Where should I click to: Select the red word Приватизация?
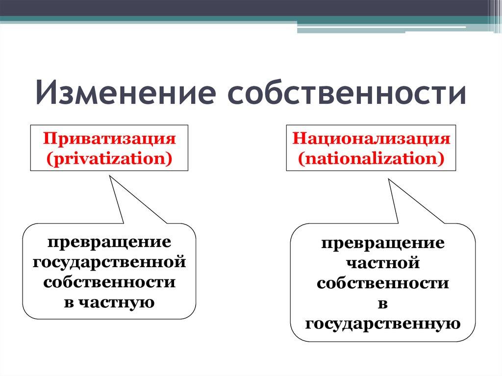(109, 138)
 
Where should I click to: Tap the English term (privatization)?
(109, 158)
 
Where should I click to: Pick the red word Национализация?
(371, 138)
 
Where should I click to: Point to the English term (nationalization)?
(371, 158)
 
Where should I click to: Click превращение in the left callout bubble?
(109, 242)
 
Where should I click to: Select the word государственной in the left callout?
(109, 262)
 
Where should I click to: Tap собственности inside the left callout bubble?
(109, 282)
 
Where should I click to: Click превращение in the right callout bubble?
(383, 243)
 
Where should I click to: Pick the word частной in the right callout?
(383, 263)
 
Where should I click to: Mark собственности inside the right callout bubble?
(383, 283)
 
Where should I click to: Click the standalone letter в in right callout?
(383, 303)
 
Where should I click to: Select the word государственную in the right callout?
(383, 324)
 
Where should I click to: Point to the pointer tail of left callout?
(123, 201)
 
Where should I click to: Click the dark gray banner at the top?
(245, 7)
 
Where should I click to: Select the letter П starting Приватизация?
(48, 138)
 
